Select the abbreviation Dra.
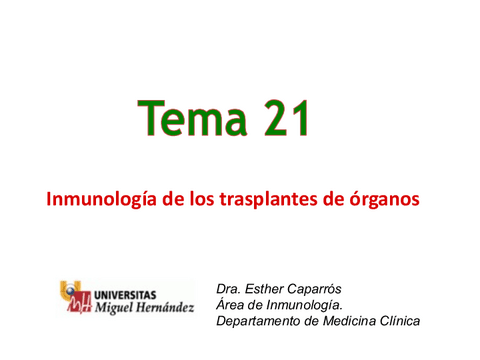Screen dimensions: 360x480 pyautogui.click(x=229, y=288)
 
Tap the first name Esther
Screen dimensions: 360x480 pyautogui.click(x=266, y=288)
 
